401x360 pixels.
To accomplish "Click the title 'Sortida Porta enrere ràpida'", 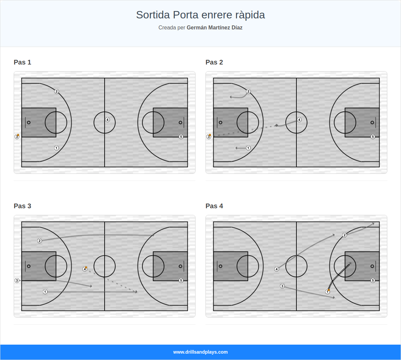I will point(200,15).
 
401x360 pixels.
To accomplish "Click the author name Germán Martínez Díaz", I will point(214,28).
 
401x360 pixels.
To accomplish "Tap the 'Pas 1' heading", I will point(22,62).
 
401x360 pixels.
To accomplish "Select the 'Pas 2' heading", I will point(214,62).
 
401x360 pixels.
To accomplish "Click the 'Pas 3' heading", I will point(22,206).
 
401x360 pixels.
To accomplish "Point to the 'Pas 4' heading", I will point(214,206).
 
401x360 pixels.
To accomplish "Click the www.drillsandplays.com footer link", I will point(200,352).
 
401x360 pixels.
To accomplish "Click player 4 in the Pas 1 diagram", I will point(107,120).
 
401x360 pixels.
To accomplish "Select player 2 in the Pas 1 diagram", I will point(56,91).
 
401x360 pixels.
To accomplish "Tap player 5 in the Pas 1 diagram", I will point(181,137).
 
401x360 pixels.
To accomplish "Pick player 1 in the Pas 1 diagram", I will point(56,148).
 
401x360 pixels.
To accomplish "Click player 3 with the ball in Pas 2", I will point(209,137).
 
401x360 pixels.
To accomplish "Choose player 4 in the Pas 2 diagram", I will point(299,120).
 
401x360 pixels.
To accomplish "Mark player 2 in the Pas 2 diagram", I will point(248,91).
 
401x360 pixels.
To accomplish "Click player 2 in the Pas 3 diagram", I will point(39,241).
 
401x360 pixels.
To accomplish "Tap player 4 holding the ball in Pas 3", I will point(85,269).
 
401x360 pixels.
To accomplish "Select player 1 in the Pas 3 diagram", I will point(45,292).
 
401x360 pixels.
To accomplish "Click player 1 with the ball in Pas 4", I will point(327,292).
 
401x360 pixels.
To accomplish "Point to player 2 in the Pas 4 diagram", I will point(345,235).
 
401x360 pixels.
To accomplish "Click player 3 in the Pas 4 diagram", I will point(282,286).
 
